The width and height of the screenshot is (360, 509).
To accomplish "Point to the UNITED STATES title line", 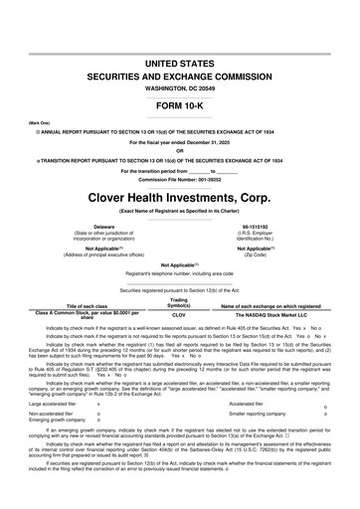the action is coord(180,63).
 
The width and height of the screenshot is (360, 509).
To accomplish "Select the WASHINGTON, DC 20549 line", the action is coord(180,88).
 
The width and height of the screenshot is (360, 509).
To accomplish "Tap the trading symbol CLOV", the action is coord(180,313).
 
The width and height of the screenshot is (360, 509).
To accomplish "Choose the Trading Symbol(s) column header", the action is coord(180,300).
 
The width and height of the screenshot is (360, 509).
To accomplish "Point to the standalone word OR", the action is coord(180,150).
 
